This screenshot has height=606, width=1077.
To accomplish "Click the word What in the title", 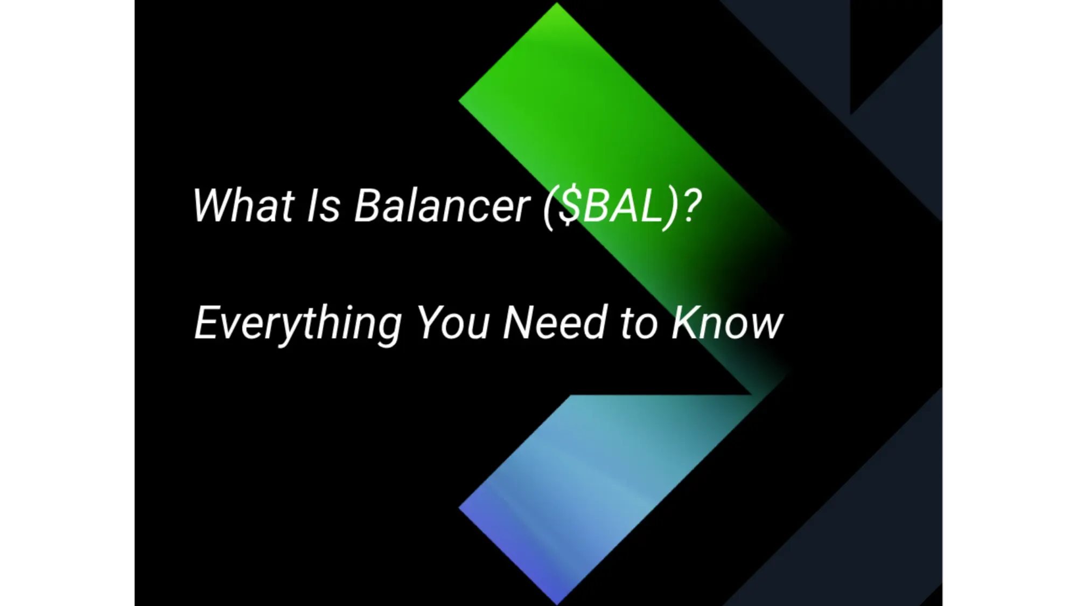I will pyautogui.click(x=242, y=206).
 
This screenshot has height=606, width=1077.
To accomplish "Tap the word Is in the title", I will pyautogui.click(x=323, y=206).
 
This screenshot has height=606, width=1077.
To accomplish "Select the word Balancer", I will pyautogui.click(x=442, y=206).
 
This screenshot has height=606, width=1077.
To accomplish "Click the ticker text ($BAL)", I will pyautogui.click(x=611, y=207).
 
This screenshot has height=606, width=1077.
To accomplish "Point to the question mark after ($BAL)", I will pyautogui.click(x=691, y=206).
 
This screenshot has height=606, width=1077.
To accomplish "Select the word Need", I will pyautogui.click(x=555, y=323).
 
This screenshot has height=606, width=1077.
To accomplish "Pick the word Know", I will pyautogui.click(x=727, y=323).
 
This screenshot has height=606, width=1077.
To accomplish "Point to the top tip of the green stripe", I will pyautogui.click(x=557, y=5).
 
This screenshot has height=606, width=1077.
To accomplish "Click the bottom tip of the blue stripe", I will pyautogui.click(x=557, y=601).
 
